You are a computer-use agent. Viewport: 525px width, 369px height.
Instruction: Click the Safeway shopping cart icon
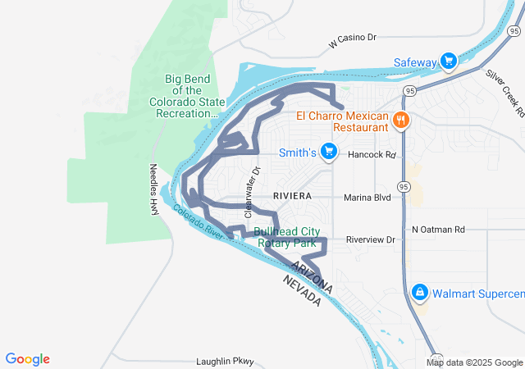pos(449,61)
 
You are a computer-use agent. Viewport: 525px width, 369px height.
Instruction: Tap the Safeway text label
pos(415,62)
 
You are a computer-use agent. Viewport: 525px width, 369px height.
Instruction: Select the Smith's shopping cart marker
pos(329,152)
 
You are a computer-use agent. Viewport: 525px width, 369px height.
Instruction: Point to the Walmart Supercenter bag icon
pos(420,292)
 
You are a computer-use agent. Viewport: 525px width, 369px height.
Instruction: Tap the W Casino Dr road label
pos(352,38)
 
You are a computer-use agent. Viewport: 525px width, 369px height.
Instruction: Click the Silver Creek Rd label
pos(505,92)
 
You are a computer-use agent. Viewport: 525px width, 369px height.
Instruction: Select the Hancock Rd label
pos(372,154)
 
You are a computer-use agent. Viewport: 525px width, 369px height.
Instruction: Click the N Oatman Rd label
pos(439,230)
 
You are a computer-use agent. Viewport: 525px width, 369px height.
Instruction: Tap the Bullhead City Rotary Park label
pos(285,237)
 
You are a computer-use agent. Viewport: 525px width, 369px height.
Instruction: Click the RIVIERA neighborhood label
pos(293,196)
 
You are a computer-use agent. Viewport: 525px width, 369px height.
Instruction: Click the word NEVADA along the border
pos(301,291)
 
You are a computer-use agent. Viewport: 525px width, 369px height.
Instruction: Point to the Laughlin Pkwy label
pos(226,362)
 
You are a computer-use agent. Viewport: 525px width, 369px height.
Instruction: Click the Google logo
pos(28,358)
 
